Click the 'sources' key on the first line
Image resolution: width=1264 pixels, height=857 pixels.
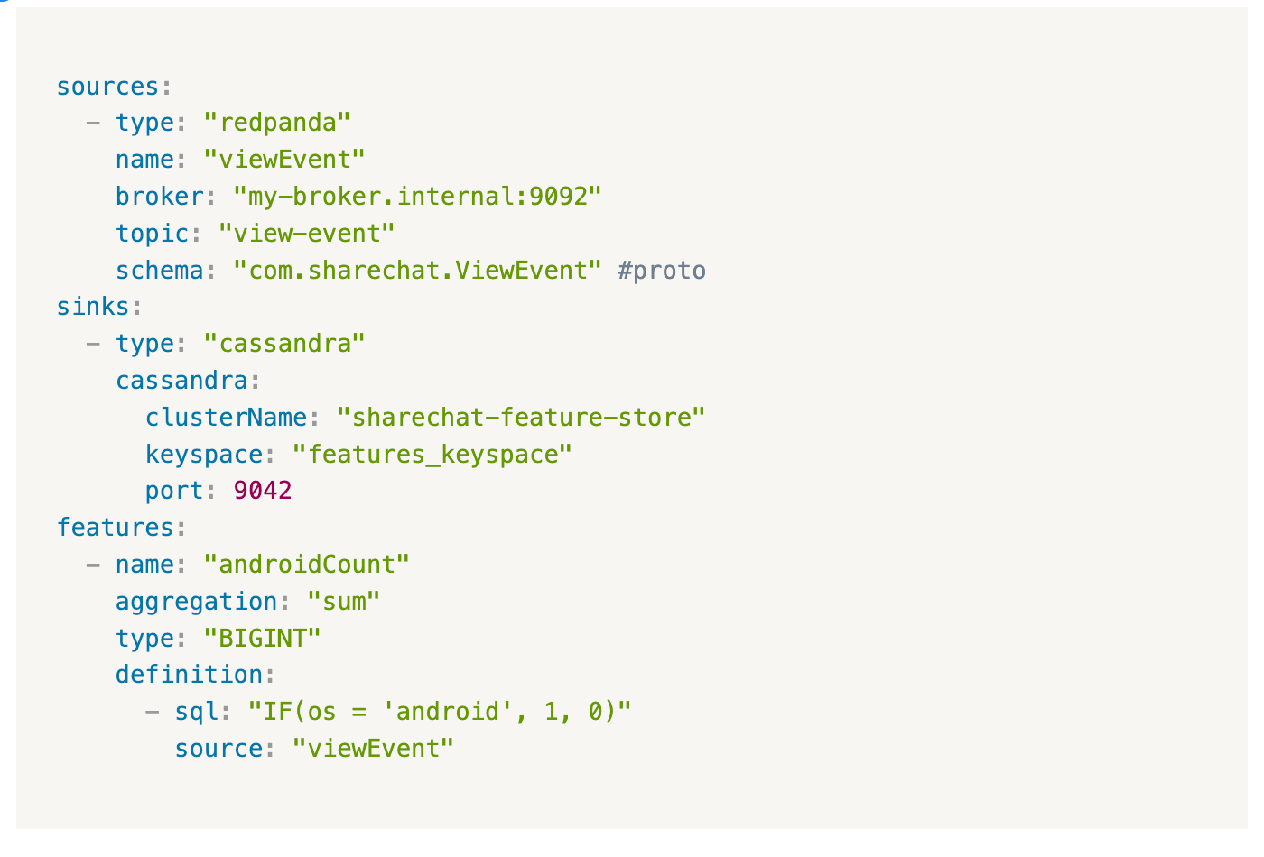(x=107, y=87)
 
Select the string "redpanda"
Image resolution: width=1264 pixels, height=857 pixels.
(x=276, y=123)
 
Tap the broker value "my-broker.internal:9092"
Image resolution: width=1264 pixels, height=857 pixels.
(x=417, y=197)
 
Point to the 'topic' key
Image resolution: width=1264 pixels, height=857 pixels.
(x=152, y=234)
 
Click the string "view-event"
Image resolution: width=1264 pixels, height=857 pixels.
(x=306, y=234)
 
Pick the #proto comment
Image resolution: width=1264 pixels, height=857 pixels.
(x=661, y=271)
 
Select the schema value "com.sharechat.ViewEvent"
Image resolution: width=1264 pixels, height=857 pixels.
(x=417, y=271)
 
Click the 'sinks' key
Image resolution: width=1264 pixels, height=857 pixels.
(x=93, y=307)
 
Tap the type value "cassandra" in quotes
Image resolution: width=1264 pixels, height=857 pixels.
(x=283, y=344)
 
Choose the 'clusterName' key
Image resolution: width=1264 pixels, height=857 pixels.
(x=226, y=418)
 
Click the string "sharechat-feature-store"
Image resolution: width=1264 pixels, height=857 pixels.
(x=520, y=418)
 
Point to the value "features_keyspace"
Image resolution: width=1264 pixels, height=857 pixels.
(x=432, y=455)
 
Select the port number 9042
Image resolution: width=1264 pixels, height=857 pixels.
(x=262, y=491)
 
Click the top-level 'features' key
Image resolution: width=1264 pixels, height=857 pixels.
(x=116, y=528)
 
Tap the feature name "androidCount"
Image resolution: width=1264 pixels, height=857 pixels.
(x=306, y=565)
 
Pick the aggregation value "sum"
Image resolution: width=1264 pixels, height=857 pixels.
(x=343, y=602)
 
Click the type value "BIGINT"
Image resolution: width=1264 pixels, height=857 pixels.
(x=262, y=639)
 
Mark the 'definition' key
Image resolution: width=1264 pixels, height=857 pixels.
(x=189, y=675)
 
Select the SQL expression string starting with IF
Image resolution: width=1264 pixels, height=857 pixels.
(x=439, y=712)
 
